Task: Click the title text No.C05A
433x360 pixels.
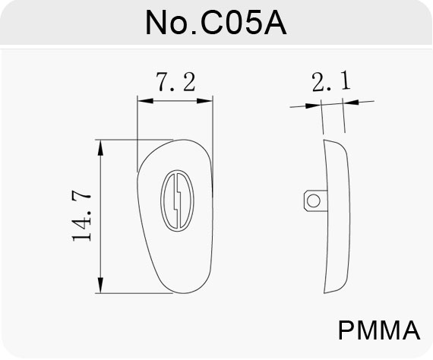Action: pyautogui.click(x=216, y=23)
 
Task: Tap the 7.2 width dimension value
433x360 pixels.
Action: pyautogui.click(x=176, y=82)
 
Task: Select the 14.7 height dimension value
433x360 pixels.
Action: pyautogui.click(x=81, y=216)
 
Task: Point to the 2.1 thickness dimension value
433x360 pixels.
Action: pyautogui.click(x=331, y=81)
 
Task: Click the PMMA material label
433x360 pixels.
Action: pyautogui.click(x=379, y=330)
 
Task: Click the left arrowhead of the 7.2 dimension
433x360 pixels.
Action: pyautogui.click(x=145, y=101)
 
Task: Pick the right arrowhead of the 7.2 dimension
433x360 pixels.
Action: pyautogui.click(x=204, y=101)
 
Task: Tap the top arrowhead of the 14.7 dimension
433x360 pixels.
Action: pyautogui.click(x=101, y=147)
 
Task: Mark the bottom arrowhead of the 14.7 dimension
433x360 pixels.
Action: pyautogui.click(x=101, y=285)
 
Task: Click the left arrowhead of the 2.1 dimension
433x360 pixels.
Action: pyautogui.click(x=314, y=106)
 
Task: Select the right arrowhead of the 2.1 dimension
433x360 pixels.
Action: pyautogui.click(x=351, y=102)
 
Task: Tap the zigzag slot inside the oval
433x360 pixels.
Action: pyautogui.click(x=177, y=201)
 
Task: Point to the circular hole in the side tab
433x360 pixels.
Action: pyautogui.click(x=314, y=201)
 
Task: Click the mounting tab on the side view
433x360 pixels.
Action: pyautogui.click(x=316, y=201)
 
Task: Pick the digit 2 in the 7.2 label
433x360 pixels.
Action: pyautogui.click(x=189, y=82)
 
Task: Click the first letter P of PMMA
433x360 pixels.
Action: pyautogui.click(x=346, y=330)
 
